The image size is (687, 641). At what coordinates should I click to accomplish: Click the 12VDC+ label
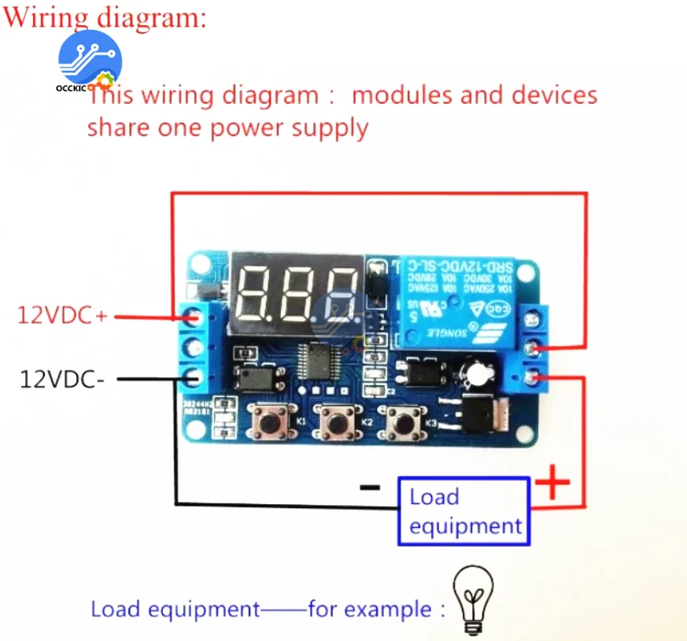(x=62, y=315)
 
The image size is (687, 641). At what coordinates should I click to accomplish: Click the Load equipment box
(x=464, y=511)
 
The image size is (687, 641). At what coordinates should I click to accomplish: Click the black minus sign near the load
(x=369, y=487)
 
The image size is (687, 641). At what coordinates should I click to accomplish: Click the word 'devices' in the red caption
(x=554, y=95)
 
